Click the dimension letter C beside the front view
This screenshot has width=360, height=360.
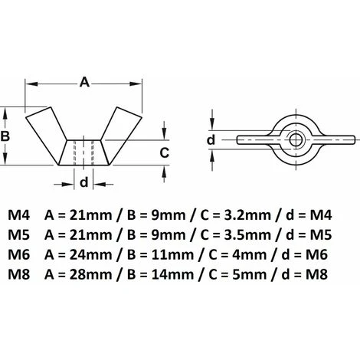tap(163, 152)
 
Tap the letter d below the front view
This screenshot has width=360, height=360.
tap(84, 182)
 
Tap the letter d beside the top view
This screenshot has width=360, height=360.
tap(211, 139)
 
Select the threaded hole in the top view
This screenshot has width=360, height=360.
tap(293, 139)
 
